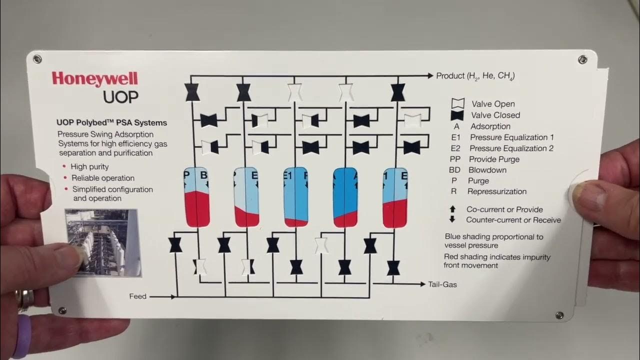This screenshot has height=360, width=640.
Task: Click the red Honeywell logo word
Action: [94, 79]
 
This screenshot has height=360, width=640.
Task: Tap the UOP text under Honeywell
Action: [120, 96]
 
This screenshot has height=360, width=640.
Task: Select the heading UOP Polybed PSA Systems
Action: [112, 122]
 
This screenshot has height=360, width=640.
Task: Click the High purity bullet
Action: [89, 167]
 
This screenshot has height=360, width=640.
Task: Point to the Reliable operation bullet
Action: [102, 178]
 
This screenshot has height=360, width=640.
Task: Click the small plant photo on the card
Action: [103, 242]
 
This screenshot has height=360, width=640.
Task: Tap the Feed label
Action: [138, 296]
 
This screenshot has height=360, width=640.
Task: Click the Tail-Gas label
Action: [442, 284]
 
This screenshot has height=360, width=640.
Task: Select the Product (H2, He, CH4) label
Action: [475, 76]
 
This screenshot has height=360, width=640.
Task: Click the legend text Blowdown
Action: [487, 170]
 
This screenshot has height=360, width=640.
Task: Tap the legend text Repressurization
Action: [496, 191]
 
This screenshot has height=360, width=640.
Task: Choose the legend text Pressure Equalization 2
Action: [511, 148]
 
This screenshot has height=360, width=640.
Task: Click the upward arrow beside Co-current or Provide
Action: [452, 209]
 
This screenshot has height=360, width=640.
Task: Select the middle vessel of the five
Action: [295, 196]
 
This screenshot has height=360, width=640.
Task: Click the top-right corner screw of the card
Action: [582, 60]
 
